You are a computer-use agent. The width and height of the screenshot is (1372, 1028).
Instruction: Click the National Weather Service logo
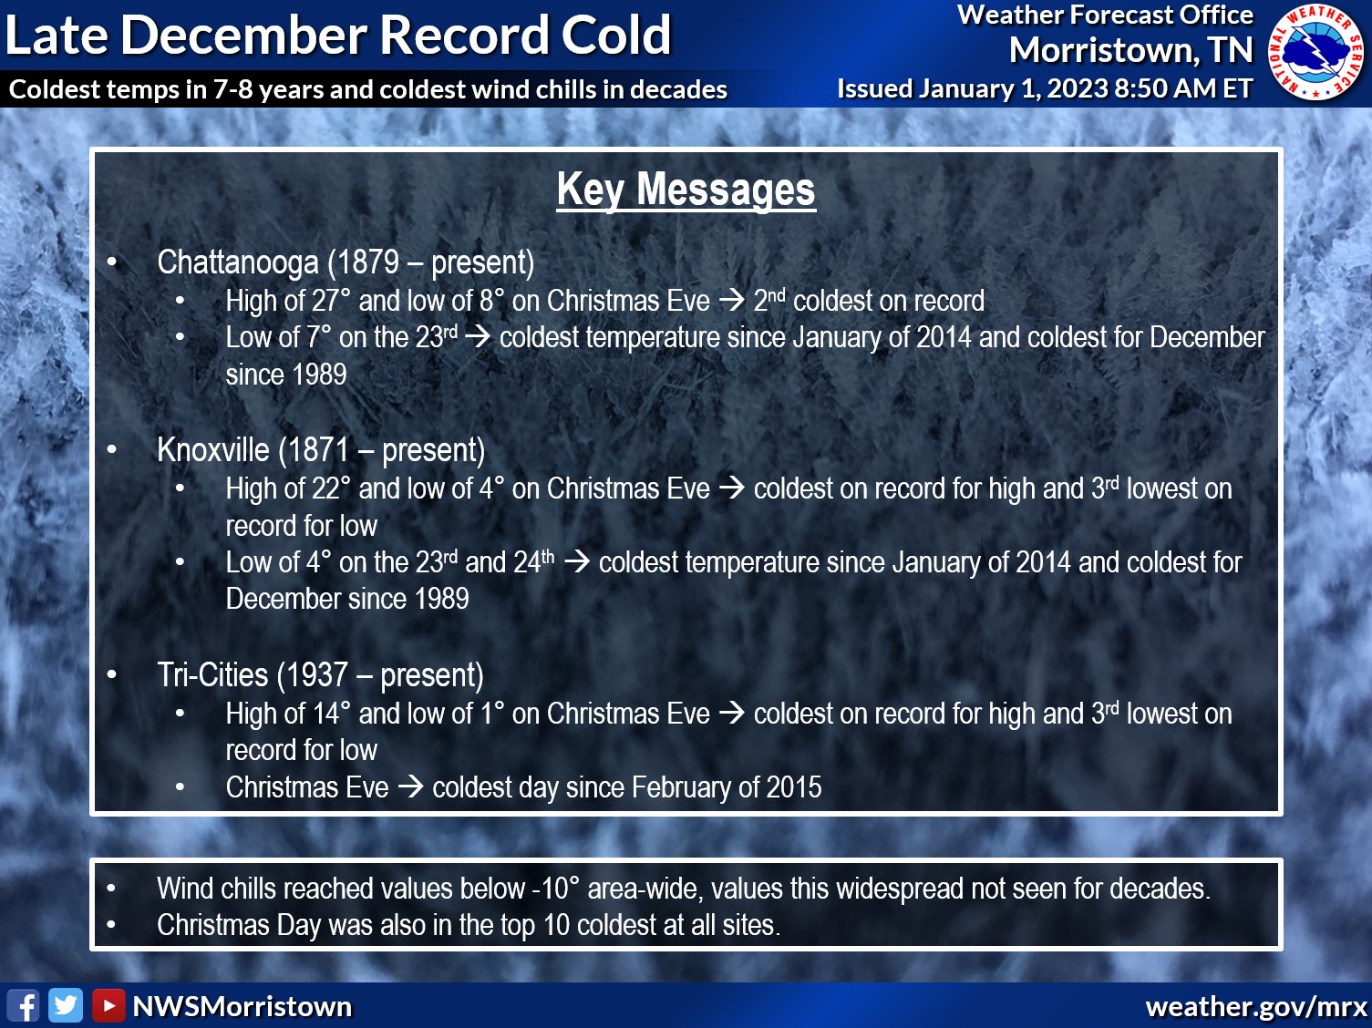point(1318,52)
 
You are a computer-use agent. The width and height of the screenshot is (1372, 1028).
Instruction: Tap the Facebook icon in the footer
point(24,1006)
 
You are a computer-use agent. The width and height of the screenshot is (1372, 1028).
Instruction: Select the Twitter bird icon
point(66,1006)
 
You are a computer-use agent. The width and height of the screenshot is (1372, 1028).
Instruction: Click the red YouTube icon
point(108,1006)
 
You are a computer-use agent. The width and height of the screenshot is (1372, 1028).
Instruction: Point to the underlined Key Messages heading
point(686,190)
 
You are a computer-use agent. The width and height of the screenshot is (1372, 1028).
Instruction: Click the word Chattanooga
point(237,262)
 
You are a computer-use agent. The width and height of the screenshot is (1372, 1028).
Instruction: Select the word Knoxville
point(213,450)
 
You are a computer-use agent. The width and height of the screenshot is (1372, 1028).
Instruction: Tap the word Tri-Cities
point(212,675)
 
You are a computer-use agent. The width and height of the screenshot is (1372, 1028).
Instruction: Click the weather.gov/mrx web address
point(1256,1006)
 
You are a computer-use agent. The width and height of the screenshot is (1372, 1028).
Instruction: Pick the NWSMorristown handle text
point(242,1006)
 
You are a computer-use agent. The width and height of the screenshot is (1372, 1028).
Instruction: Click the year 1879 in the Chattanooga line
point(368,262)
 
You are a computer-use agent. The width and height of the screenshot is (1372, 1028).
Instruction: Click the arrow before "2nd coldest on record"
point(732,301)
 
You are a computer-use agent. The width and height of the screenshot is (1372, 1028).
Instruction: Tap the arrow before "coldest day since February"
point(410,786)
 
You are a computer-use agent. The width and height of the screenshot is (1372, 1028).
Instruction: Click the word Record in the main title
point(464,36)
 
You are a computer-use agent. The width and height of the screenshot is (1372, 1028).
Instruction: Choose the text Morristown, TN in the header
point(1130,50)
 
